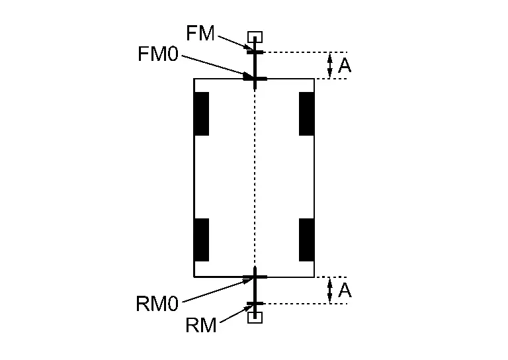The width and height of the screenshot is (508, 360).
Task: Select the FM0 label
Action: point(158,54)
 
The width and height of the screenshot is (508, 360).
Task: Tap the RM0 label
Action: point(157,304)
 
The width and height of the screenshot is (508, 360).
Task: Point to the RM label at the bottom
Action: point(201,325)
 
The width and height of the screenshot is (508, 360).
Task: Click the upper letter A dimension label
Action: point(345,66)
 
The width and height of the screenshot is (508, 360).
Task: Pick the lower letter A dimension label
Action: point(345,291)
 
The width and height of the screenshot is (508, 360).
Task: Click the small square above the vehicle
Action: point(255,37)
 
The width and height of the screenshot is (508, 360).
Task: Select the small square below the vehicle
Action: point(255,318)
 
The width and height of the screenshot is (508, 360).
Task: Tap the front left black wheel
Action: point(201,114)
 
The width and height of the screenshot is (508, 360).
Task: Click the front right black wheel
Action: point(306,114)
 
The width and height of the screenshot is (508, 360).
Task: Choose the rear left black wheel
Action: point(201,240)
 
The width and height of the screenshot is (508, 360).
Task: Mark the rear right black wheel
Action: point(306,240)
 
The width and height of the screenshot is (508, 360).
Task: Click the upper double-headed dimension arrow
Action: point(330,66)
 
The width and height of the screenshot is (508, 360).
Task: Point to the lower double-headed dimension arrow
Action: point(330,291)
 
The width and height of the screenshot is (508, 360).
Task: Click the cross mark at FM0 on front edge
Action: point(255,79)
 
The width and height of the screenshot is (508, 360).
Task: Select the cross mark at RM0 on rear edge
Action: point(255,277)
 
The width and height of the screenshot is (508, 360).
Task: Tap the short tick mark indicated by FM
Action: point(255,52)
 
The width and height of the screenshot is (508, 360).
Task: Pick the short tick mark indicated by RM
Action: point(255,304)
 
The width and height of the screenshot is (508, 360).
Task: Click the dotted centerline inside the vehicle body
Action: point(255,179)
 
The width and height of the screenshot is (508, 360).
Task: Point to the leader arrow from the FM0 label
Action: point(218,67)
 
